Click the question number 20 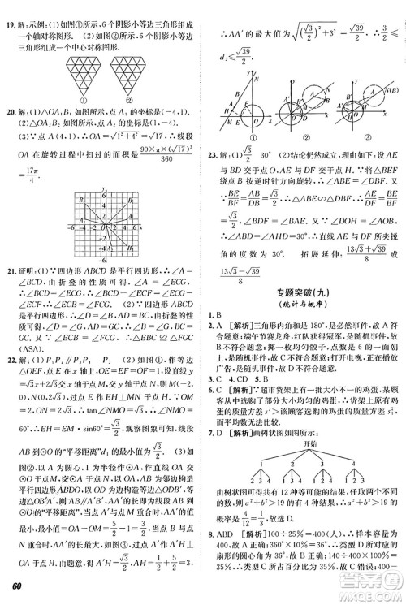tap(11, 110)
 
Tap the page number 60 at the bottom tap(15, 590)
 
